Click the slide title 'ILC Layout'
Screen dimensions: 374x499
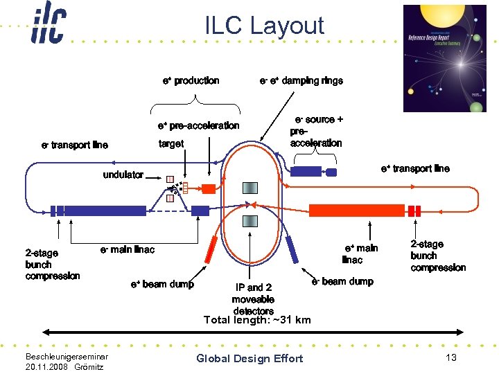[x=264, y=26]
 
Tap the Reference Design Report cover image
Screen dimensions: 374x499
[x=445, y=58]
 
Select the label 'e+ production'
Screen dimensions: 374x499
[x=191, y=81]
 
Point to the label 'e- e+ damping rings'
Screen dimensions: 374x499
[x=301, y=81]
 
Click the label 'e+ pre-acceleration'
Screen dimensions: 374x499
[x=198, y=125]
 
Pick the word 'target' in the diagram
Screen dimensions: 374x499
[x=171, y=144]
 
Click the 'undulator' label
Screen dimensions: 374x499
[x=123, y=175]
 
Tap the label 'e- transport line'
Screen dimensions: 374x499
[x=75, y=145]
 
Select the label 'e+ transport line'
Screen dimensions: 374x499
[x=415, y=168]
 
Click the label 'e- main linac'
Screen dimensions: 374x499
[x=128, y=249]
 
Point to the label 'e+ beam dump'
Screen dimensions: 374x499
[x=162, y=284]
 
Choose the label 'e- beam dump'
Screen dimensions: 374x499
[x=342, y=281]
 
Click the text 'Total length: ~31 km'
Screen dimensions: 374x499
[x=257, y=320]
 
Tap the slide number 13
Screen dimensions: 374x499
[x=450, y=357]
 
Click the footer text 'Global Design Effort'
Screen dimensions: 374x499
[x=249, y=358]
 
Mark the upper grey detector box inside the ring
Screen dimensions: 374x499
[x=250, y=188]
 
